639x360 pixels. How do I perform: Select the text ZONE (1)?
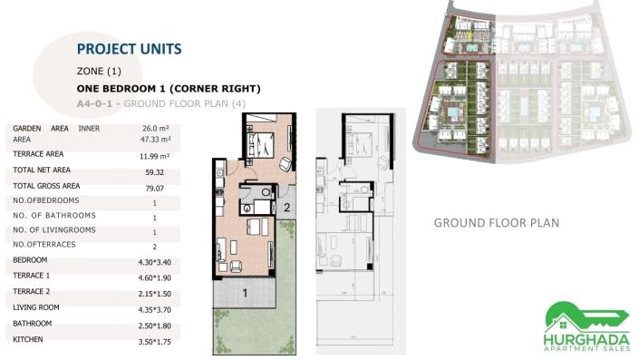[99, 71]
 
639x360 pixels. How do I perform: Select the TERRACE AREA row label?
[38, 154]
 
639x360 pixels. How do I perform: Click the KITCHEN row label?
[29, 339]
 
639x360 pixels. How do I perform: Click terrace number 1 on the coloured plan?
[244, 293]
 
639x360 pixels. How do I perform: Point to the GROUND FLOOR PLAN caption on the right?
[496, 222]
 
